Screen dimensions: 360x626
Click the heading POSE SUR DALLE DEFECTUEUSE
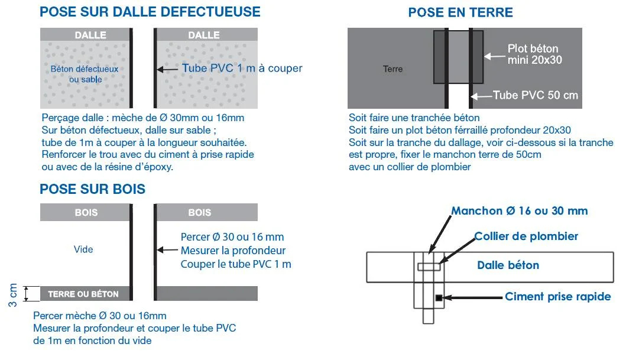pyautogui.click(x=150, y=11)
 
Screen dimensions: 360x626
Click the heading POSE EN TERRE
pyautogui.click(x=460, y=12)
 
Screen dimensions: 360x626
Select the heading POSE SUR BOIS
pyautogui.click(x=92, y=189)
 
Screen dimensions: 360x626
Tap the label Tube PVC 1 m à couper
pyautogui.click(x=242, y=68)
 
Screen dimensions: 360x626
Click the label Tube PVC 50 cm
pyautogui.click(x=536, y=95)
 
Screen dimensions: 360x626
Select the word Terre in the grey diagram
pyautogui.click(x=393, y=69)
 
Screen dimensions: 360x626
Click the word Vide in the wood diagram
pyautogui.click(x=83, y=249)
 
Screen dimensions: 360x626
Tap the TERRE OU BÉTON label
pyautogui.click(x=83, y=294)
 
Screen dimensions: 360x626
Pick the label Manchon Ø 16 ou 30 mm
pyautogui.click(x=520, y=211)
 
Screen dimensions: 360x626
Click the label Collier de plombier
pyautogui.click(x=526, y=236)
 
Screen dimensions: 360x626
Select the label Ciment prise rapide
pyautogui.click(x=557, y=297)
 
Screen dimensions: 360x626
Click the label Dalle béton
pyautogui.click(x=508, y=265)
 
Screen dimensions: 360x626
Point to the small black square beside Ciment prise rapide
pyautogui.click(x=439, y=297)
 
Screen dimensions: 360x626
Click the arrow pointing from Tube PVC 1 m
pyautogui.click(x=167, y=69)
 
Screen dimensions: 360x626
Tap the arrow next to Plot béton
pyautogui.click(x=492, y=57)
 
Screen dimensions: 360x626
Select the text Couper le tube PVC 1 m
pyautogui.click(x=236, y=264)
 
